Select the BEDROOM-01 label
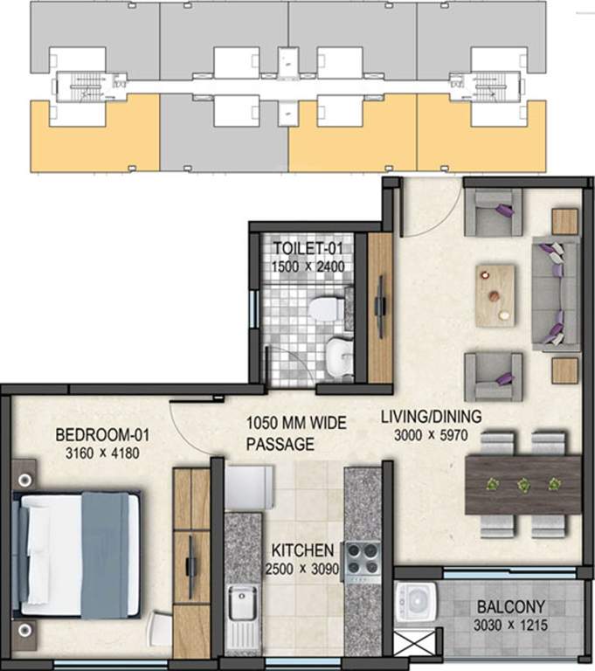(x=97, y=434)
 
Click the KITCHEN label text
(x=301, y=550)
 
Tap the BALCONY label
(x=511, y=606)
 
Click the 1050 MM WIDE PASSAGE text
(x=295, y=433)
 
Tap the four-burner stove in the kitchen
(x=363, y=558)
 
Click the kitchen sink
(x=241, y=603)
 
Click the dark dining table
(x=523, y=484)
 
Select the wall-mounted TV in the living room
(x=381, y=306)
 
